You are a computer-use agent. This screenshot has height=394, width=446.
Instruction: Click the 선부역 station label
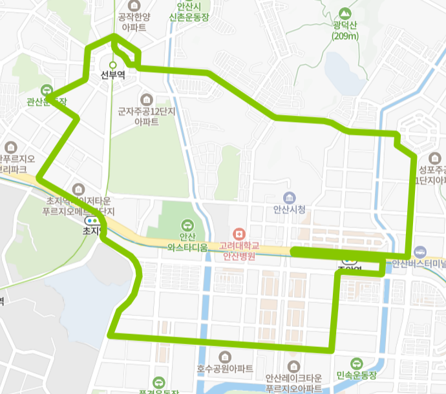pos(112,75)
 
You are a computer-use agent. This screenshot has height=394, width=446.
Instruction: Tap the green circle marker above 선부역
pos(112,65)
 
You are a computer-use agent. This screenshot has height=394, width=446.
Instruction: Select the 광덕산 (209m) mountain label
pos(346,30)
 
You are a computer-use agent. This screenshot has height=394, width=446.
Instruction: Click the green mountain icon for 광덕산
pos(345,12)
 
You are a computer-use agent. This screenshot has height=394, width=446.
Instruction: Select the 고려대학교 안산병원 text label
pos(239,251)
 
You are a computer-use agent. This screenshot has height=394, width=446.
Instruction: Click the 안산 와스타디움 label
pos(187,242)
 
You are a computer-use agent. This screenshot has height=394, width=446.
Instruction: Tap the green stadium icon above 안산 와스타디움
pos(187,225)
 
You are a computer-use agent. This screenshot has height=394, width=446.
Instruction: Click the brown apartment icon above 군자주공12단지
pos(147,99)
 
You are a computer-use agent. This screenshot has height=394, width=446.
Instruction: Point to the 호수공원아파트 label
pos(225,369)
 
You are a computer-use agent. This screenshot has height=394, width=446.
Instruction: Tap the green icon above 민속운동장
pos(356,363)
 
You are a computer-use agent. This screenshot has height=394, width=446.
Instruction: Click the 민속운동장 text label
pos(356,376)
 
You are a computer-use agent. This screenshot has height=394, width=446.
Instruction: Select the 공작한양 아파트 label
pos(134,23)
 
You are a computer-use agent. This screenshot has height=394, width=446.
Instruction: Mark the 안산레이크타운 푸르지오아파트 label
pos(293,383)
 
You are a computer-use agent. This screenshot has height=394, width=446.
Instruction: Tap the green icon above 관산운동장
pos(47,90)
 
